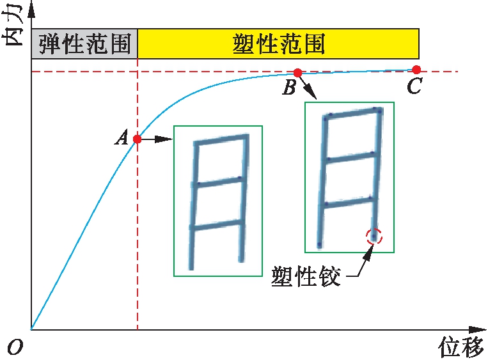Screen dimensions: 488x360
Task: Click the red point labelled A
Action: pyautogui.click(x=138, y=139)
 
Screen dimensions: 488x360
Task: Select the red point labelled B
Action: pyautogui.click(x=298, y=73)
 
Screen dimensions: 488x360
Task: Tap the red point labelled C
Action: pyautogui.click(x=416, y=70)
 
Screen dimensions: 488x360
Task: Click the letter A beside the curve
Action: pyautogui.click(x=122, y=137)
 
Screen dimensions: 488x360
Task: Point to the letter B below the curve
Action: pyautogui.click(x=289, y=87)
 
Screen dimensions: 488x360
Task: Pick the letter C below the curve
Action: pyautogui.click(x=415, y=85)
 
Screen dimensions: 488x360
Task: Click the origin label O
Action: pyautogui.click(x=15, y=347)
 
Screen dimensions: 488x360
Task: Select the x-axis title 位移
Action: pyautogui.click(x=461, y=347)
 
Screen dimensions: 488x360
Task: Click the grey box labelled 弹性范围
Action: pyautogui.click(x=84, y=43)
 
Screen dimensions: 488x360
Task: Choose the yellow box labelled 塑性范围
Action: pyautogui.click(x=278, y=43)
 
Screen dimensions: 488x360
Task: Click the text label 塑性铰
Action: pyautogui.click(x=306, y=276)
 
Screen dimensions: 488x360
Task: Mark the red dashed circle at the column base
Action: pyautogui.click(x=374, y=237)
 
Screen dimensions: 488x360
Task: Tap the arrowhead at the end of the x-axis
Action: pyautogui.click(x=478, y=329)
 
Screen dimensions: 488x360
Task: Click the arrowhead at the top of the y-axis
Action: pyautogui.click(x=31, y=10)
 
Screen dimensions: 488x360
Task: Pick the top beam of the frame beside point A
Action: pyautogui.click(x=221, y=139)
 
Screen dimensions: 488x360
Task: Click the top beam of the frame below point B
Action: pyautogui.click(x=353, y=113)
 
